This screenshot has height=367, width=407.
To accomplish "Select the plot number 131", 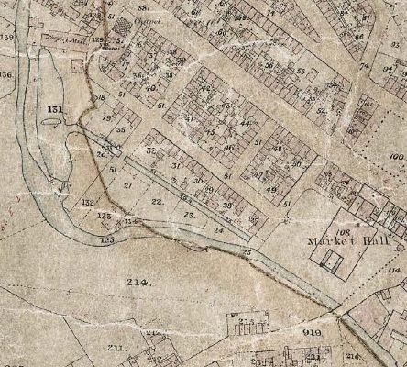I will [55, 109].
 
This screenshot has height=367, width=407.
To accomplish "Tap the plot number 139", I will [8, 37].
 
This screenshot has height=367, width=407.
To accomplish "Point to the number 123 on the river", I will [108, 239].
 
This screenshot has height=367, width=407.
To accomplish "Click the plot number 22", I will [157, 201].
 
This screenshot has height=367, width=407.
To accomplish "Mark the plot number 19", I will [106, 117].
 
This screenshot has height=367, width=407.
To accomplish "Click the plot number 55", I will [300, 72].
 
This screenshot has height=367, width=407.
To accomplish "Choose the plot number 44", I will [245, 123].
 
